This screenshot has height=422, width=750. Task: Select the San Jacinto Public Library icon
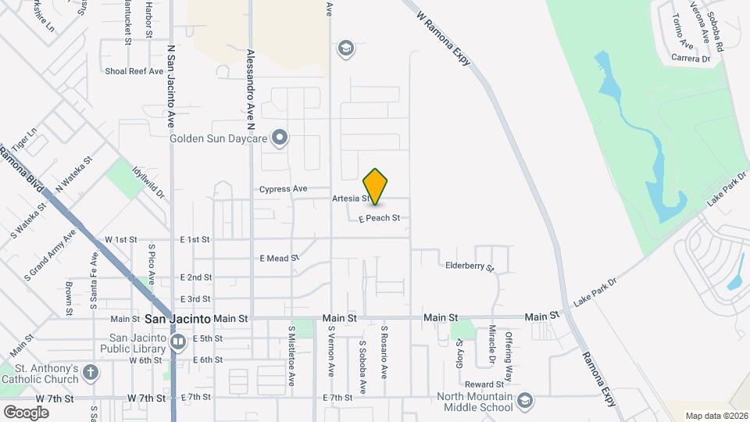coord(179,342)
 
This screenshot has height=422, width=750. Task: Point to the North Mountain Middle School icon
coord(525,399)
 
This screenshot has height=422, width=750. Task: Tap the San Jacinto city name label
coord(178,319)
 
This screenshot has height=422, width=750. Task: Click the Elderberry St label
coord(470,266)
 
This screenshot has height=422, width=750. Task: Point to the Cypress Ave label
coord(283,189)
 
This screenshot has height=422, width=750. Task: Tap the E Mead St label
coord(280,258)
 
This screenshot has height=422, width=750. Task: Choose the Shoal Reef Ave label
coord(134,71)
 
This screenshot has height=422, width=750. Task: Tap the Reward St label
coord(484,384)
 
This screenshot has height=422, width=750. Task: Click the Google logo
coord(26,412)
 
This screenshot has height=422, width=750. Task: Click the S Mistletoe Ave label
coord(291,356)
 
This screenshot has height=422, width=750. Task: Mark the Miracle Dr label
coord(492,345)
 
